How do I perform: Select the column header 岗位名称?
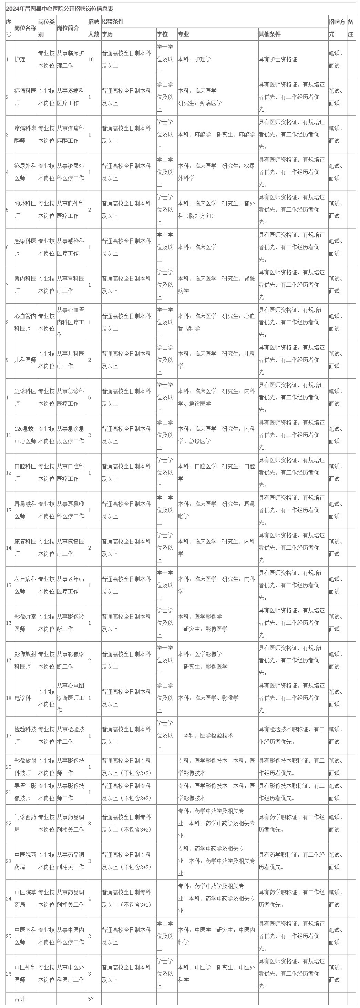pyautogui.click(x=25, y=28)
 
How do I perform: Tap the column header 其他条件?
pyautogui.click(x=270, y=34)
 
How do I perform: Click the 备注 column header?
pyautogui.click(x=351, y=28)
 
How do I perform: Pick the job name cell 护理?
pyautogui.click(x=20, y=59)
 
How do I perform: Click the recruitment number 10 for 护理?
pyautogui.click(x=92, y=59)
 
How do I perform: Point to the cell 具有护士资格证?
pyautogui.click(x=278, y=59)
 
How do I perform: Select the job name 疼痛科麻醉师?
pyautogui.click(x=25, y=134)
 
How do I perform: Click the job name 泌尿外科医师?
pyautogui.click(x=25, y=172)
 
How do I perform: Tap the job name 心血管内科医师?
pyautogui.click(x=25, y=322)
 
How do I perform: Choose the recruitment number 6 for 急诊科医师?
pyautogui.click(x=90, y=397)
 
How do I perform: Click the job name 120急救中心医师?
pyautogui.click(x=25, y=435)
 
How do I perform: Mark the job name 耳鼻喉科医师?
pyautogui.click(x=25, y=510)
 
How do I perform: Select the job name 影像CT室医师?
pyautogui.click(x=25, y=623)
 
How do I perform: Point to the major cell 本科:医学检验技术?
pyautogui.click(x=208, y=735)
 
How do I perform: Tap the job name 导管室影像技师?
pyautogui.click(x=25, y=792)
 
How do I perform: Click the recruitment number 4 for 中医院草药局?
pyautogui.click(x=90, y=898)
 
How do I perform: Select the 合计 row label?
pyautogui.click(x=20, y=999)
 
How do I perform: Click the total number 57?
pyautogui.click(x=91, y=999)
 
